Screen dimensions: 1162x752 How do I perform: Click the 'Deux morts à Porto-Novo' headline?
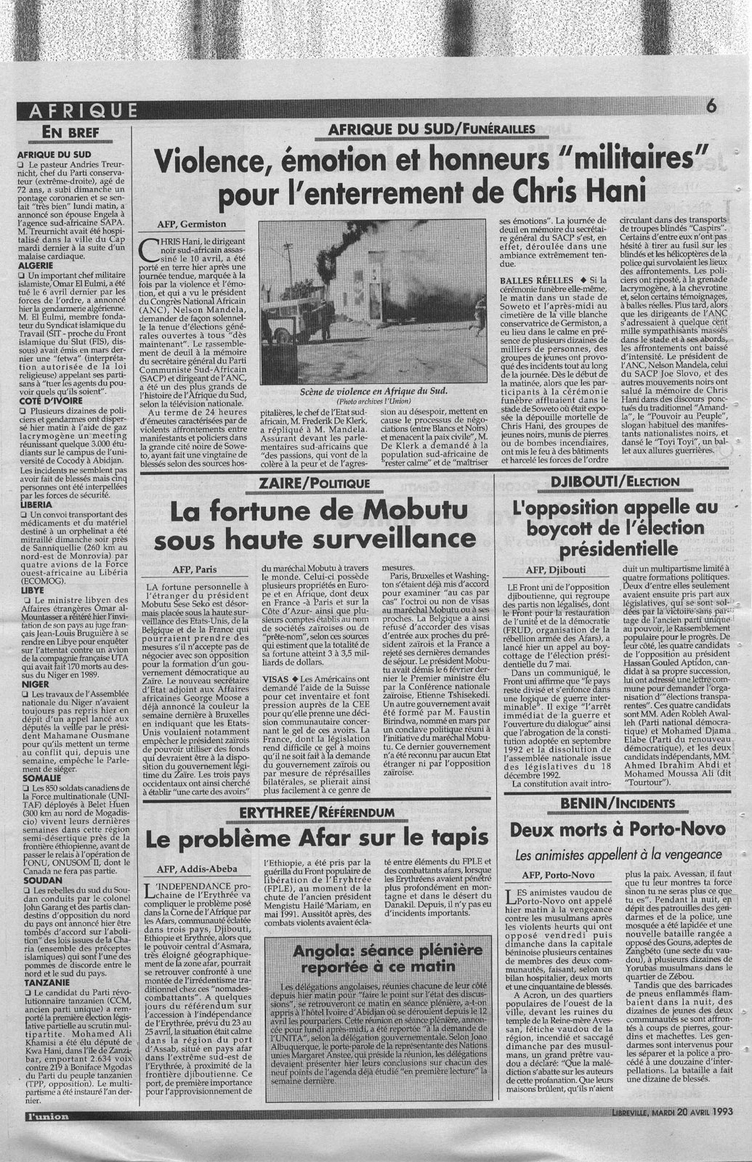coord(617,829)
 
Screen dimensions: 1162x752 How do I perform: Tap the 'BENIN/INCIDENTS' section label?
coord(618,803)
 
